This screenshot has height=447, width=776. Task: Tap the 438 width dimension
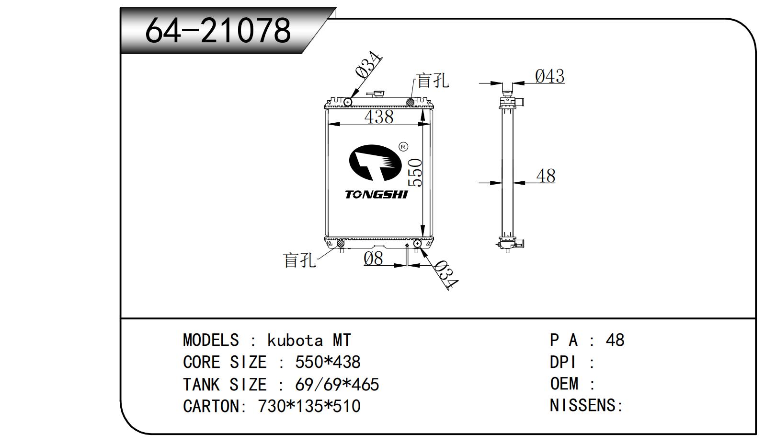pos(378,117)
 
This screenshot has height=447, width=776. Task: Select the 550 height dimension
pos(415,173)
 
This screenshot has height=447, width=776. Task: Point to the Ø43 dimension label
pos(549,76)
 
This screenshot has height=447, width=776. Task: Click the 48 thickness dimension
pos(546,176)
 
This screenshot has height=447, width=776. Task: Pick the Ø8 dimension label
pos(373,259)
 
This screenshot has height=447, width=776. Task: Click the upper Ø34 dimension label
pos(368,65)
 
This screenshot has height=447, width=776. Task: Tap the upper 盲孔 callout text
pos(433,81)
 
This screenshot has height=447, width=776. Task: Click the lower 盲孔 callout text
pos(300,260)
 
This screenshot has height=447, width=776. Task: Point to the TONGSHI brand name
pos(376,194)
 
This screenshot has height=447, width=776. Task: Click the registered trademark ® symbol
pos(403,147)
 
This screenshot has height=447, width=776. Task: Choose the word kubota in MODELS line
pos(295,341)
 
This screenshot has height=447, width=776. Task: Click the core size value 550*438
pos(328,362)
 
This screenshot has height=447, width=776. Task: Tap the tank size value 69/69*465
pos(337,385)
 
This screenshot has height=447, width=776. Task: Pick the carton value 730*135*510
pos(309,406)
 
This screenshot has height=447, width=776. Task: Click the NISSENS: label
pos(586,406)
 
